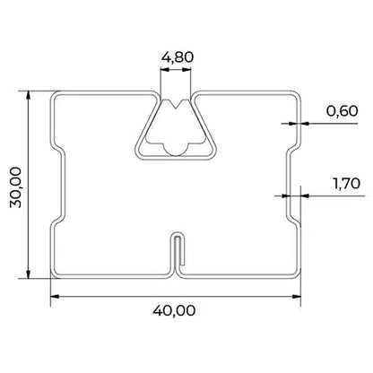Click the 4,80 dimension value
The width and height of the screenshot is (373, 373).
pos(178,56)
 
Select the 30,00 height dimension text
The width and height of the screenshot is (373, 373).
pos(15,187)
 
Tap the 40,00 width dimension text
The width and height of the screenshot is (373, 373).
pos(174,311)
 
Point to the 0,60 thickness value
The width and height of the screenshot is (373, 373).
pos(342,111)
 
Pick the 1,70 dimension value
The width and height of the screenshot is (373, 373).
pos(347,183)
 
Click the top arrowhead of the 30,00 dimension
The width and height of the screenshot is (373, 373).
pos(29,95)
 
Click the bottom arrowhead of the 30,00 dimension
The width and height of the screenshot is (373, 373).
pos(29,273)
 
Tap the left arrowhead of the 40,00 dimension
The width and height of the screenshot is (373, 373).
pos(55,297)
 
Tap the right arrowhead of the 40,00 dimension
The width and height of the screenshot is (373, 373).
pos(296,297)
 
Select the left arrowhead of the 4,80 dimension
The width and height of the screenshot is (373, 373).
pos(165,70)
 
